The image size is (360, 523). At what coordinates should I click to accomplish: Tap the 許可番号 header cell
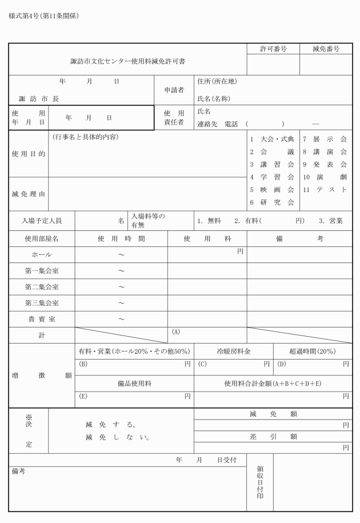pyautogui.click(x=273, y=49)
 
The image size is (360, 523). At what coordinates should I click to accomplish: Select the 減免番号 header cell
pyautogui.click(x=326, y=49)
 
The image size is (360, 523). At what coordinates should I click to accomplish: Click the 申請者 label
pyautogui.click(x=174, y=90)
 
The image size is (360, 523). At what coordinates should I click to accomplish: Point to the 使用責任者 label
pyautogui.click(x=174, y=117)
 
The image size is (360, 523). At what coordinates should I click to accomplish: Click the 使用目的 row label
pyautogui.click(x=28, y=154)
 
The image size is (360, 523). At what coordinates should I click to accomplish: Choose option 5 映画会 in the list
pyautogui.click(x=272, y=190)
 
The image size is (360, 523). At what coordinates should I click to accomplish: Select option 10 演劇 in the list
pyautogui.click(x=325, y=177)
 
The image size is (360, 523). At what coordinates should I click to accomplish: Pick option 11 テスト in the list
pyautogui.click(x=325, y=190)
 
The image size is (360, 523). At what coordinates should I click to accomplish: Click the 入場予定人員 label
pyautogui.click(x=41, y=220)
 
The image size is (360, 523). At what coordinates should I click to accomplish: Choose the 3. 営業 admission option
pyautogui.click(x=331, y=220)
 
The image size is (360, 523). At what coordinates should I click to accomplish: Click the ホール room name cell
pyautogui.click(x=41, y=254)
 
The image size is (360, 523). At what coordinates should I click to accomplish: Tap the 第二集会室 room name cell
pyautogui.click(x=41, y=286)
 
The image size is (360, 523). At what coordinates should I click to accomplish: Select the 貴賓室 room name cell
pyautogui.click(x=41, y=319)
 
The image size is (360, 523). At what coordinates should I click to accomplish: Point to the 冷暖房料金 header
pyautogui.click(x=234, y=352)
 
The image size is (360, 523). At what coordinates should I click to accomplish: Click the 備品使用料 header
pyautogui.click(x=134, y=383)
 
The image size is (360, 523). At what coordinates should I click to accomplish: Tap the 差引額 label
pyautogui.click(x=273, y=436)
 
